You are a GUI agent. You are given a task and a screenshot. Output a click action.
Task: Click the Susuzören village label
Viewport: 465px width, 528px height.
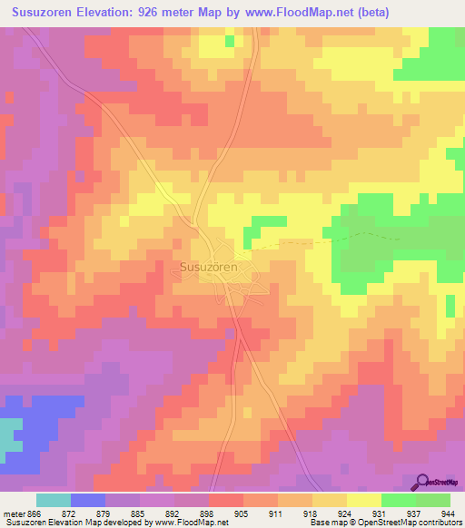(209, 268)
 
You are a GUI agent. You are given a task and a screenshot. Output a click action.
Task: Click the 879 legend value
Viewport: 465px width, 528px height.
(88, 513)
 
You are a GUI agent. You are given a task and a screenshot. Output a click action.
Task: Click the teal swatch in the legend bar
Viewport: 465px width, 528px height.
(54, 500)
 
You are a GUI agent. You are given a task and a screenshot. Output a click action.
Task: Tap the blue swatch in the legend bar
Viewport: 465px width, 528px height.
(88, 500)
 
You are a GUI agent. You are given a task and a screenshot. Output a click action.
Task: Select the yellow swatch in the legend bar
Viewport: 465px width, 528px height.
(364, 500)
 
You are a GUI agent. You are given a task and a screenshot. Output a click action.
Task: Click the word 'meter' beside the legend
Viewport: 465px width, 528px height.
(10, 513)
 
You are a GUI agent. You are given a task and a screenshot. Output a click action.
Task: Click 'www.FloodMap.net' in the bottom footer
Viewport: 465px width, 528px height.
(191, 523)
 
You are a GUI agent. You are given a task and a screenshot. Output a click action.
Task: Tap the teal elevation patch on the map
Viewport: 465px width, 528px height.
(9, 436)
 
